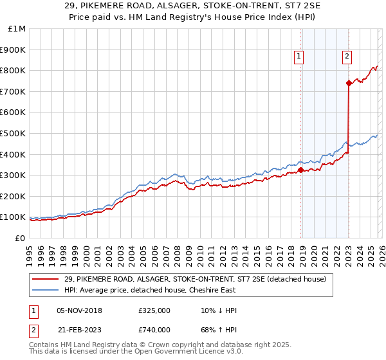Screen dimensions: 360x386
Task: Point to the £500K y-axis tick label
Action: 14,134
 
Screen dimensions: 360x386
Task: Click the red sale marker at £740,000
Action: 349,83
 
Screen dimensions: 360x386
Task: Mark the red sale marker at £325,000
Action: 300,170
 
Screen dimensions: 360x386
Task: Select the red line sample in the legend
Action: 46,279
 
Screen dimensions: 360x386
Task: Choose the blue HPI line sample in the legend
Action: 46,290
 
